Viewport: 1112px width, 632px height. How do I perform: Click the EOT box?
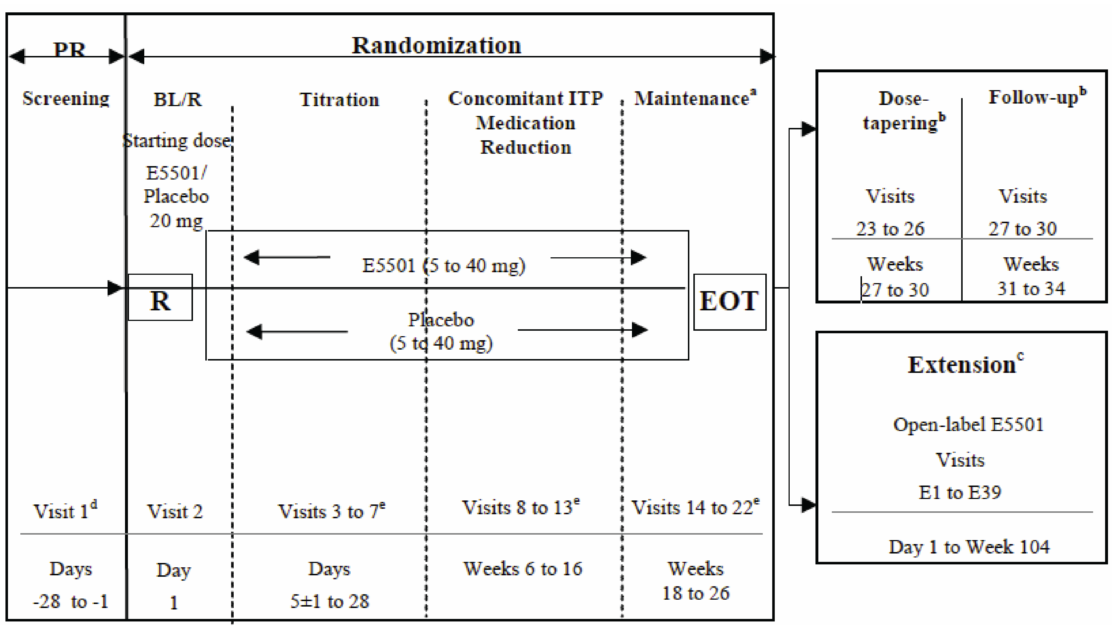click(x=729, y=302)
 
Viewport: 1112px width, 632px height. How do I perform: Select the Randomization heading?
click(x=436, y=45)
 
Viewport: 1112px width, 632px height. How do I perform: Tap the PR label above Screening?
click(x=69, y=49)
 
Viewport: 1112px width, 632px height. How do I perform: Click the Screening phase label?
click(x=66, y=98)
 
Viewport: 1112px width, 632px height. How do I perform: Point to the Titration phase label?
click(x=339, y=100)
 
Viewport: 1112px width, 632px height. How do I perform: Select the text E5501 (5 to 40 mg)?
click(x=443, y=265)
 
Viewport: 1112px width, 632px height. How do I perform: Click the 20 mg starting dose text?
click(x=176, y=221)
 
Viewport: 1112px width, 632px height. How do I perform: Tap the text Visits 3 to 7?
click(x=331, y=511)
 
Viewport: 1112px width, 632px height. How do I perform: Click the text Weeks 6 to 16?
click(x=523, y=569)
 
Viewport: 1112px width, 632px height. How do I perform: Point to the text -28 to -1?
click(x=70, y=601)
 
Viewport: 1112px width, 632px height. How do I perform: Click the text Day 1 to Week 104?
click(x=969, y=547)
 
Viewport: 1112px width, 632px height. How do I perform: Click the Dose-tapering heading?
click(x=903, y=111)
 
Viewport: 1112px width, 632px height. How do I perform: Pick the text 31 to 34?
click(x=1031, y=288)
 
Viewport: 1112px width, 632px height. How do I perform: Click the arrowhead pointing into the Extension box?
click(x=808, y=505)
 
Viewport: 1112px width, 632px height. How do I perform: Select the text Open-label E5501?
click(x=968, y=424)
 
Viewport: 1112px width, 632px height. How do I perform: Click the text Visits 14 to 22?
click(x=694, y=507)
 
